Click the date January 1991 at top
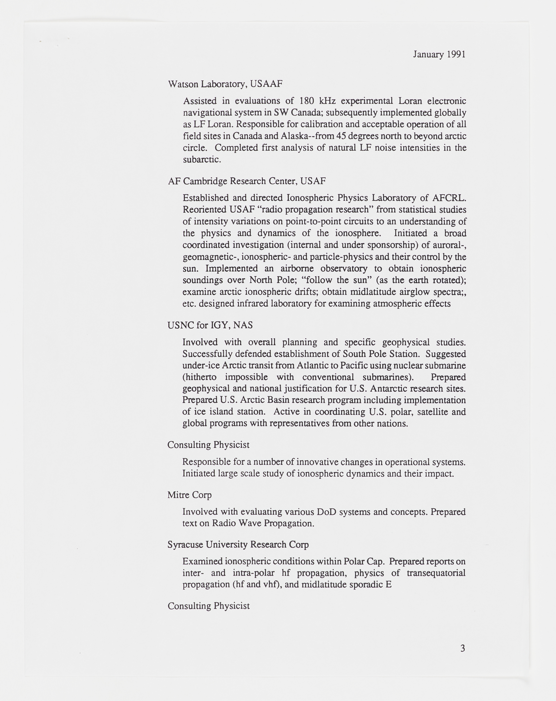click(439, 54)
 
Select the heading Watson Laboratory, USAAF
click(225, 84)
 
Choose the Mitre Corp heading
click(189, 495)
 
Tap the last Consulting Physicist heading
click(209, 606)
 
